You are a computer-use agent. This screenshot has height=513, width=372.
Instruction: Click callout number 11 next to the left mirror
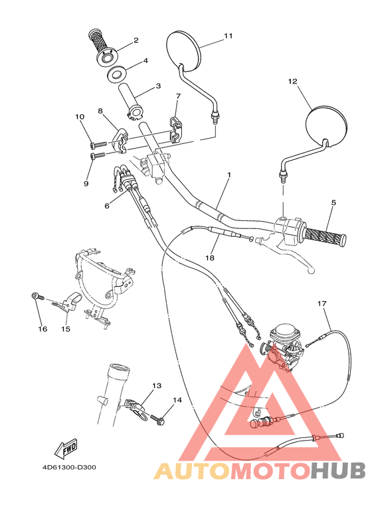point(228,36)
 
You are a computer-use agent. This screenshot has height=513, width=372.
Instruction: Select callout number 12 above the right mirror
point(292,82)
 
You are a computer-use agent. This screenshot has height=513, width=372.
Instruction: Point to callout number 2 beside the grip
point(136,40)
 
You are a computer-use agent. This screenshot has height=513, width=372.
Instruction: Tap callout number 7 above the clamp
point(177,96)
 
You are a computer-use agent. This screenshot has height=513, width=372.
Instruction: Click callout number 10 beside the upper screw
point(80,117)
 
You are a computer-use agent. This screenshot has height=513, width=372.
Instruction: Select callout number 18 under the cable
point(211,257)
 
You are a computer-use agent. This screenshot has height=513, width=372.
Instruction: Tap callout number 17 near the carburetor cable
point(322,304)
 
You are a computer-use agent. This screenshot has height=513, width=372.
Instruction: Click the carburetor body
point(282,345)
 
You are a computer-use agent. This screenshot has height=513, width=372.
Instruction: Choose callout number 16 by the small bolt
point(42,329)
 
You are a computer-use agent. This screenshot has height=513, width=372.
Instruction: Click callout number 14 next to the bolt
point(177,400)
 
